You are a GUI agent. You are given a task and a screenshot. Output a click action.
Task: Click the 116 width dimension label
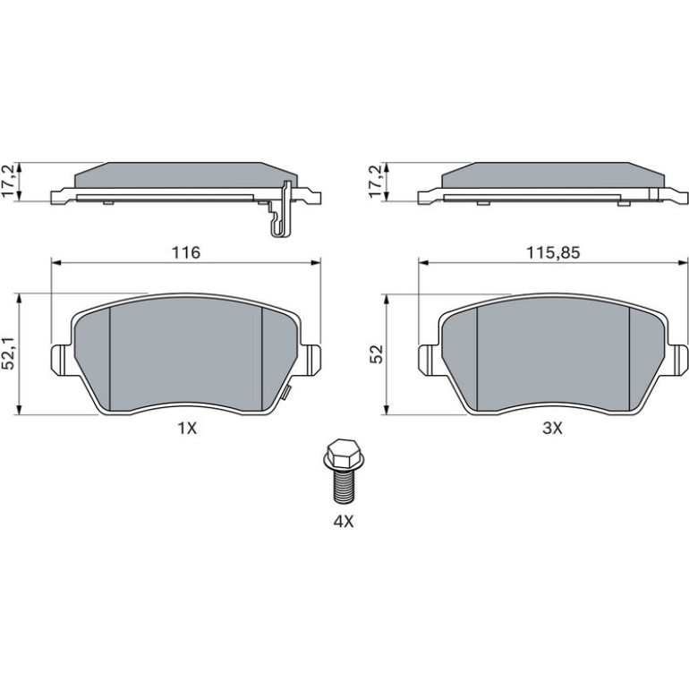tap(186, 252)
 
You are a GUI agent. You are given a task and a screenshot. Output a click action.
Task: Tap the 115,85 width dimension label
tap(553, 252)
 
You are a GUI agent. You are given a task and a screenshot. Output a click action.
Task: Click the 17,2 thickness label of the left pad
tap(10, 182)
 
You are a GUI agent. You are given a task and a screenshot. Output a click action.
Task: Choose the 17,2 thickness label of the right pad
tap(377, 182)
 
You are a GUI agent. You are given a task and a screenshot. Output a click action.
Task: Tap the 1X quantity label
tap(187, 428)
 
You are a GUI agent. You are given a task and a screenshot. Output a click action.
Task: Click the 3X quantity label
tap(552, 428)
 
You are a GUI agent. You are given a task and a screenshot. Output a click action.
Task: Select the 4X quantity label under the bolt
tap(344, 522)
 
